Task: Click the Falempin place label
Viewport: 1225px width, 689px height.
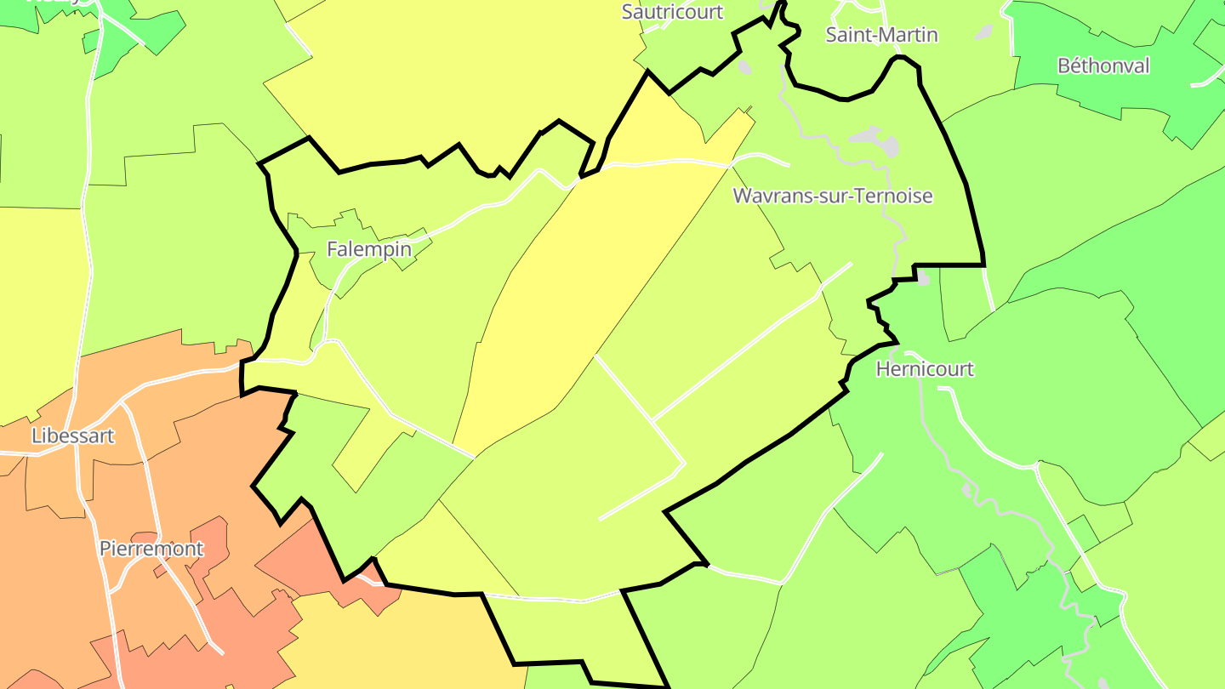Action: click(x=369, y=249)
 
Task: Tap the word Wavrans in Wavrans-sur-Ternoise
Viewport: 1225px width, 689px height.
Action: click(x=766, y=196)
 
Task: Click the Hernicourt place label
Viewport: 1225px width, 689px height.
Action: click(x=925, y=369)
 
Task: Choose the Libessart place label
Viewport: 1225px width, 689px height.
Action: click(x=72, y=436)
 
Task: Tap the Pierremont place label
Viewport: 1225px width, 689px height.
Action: click(x=151, y=549)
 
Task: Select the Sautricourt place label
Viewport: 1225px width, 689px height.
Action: click(x=672, y=12)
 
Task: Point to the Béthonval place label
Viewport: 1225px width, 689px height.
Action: click(x=1103, y=65)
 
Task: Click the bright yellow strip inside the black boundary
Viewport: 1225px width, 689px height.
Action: click(x=553, y=315)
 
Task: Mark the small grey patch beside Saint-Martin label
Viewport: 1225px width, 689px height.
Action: click(x=984, y=32)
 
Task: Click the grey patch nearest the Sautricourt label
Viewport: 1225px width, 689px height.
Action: click(x=745, y=66)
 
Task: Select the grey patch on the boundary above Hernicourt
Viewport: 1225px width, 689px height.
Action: click(x=923, y=278)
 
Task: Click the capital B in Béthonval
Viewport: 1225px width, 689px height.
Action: click(x=1064, y=65)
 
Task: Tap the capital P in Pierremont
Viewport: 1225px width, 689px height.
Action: click(x=105, y=549)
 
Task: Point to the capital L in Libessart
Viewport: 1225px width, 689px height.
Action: click(x=37, y=436)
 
